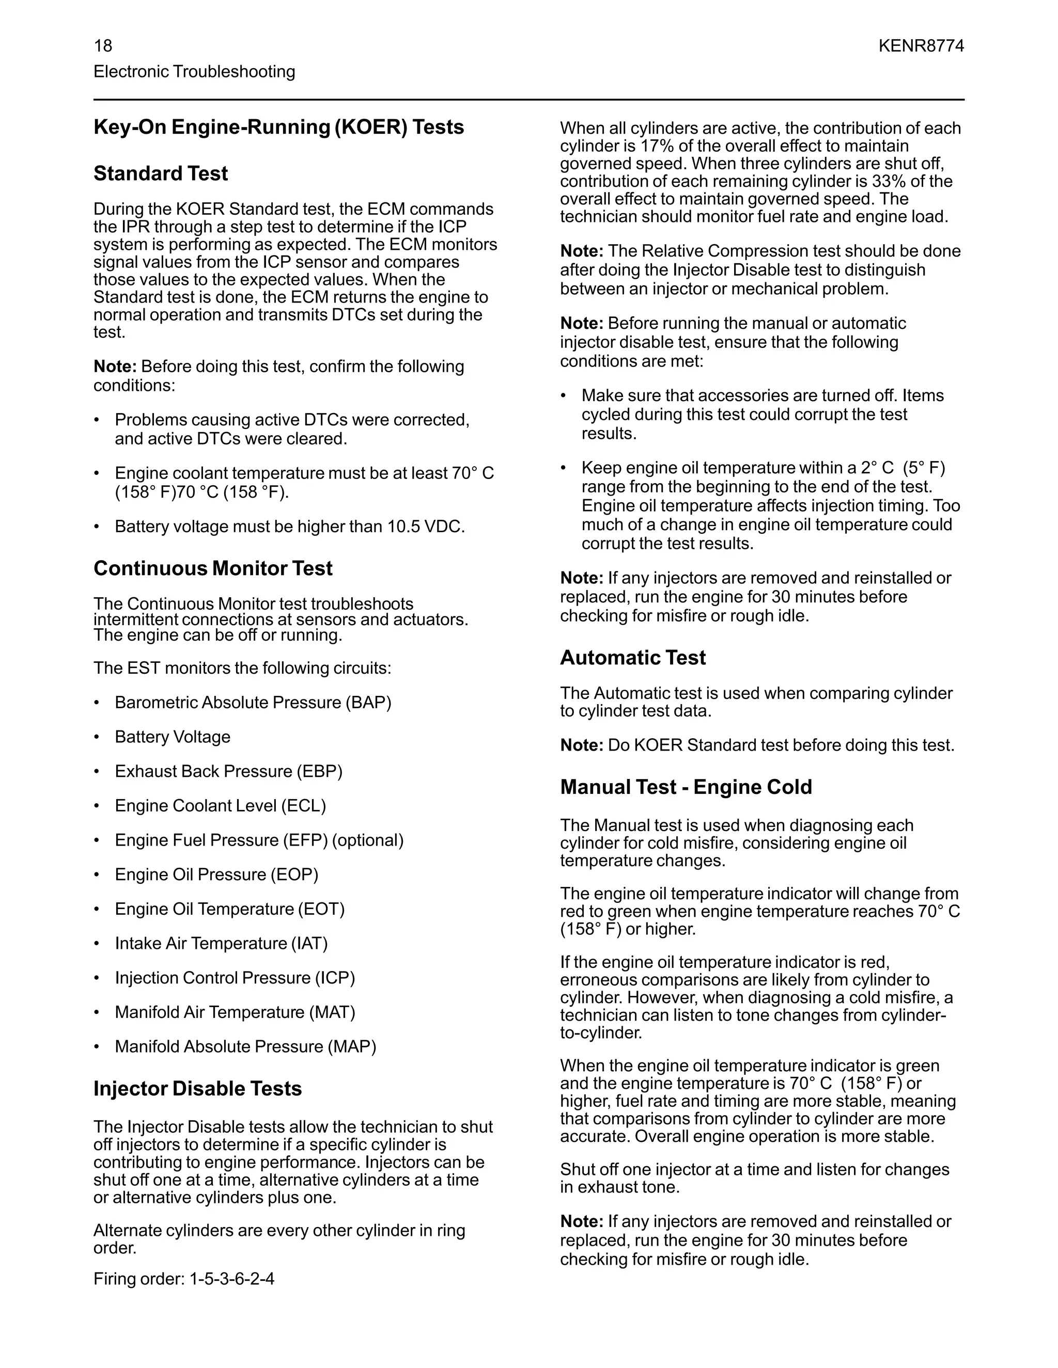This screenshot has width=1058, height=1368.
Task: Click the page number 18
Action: click(x=103, y=46)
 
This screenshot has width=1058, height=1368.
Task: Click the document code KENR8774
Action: click(x=921, y=46)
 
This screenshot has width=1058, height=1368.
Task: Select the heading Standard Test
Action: click(x=161, y=173)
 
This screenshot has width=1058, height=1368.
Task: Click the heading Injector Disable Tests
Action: click(x=197, y=1089)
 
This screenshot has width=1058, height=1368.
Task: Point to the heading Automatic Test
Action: click(x=632, y=658)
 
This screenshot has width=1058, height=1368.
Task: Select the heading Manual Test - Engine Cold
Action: click(x=686, y=787)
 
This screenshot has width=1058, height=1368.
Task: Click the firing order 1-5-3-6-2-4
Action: click(x=231, y=1278)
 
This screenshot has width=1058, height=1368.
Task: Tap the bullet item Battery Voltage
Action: click(x=173, y=737)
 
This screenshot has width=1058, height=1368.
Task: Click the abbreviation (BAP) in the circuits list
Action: click(x=368, y=702)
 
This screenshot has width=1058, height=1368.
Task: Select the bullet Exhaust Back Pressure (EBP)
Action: click(x=228, y=771)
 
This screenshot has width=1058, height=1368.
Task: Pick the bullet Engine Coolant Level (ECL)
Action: click(x=220, y=805)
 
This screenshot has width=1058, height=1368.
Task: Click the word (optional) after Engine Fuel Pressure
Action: click(x=367, y=840)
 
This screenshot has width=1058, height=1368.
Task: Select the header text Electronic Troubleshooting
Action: click(x=194, y=71)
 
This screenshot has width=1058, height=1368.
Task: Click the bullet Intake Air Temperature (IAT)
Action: click(x=221, y=943)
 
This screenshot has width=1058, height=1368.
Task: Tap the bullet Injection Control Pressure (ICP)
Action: click(x=235, y=978)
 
